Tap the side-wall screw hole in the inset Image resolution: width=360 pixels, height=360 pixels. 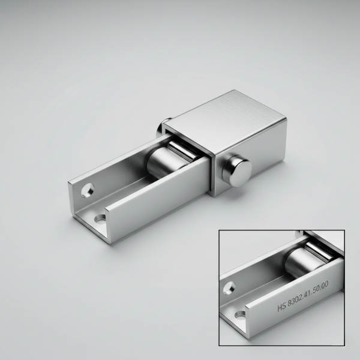(x=229, y=287)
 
